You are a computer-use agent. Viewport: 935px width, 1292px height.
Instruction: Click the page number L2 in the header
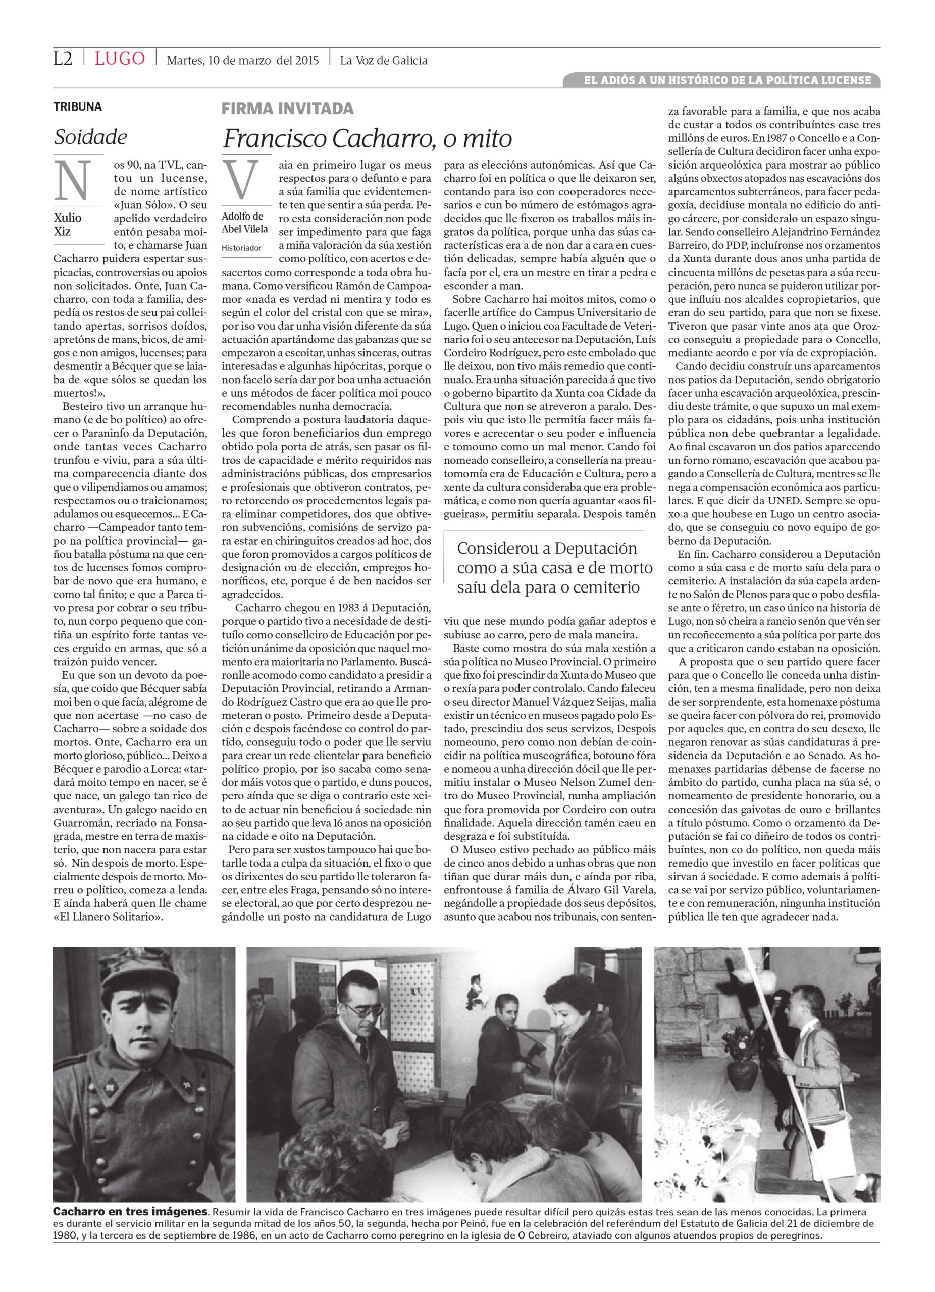coord(63,59)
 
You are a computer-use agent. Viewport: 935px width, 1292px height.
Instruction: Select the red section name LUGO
coord(120,59)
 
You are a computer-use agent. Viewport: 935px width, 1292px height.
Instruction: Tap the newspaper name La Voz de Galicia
coord(384,60)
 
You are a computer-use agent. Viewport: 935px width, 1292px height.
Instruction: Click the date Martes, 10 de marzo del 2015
coord(243,60)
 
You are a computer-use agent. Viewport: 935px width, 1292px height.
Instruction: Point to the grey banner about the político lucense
coord(721,80)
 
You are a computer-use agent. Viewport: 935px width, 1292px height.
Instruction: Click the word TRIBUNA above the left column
coord(77,106)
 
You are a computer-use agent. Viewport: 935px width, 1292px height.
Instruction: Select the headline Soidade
coord(90,137)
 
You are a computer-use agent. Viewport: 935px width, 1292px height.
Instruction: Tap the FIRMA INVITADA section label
coord(287,108)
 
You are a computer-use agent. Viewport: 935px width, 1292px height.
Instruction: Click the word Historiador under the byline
coord(242,248)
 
